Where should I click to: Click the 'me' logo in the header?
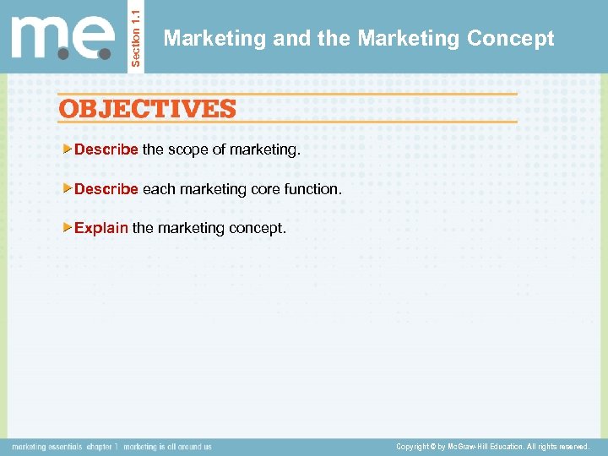tap(62, 37)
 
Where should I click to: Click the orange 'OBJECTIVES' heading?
tap(147, 109)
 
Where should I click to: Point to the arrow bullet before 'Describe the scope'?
tap(68, 149)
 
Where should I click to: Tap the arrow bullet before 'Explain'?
tap(68, 228)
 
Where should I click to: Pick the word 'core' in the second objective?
tap(265, 189)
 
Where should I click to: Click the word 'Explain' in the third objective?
tap(101, 228)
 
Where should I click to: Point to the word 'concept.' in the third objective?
tap(260, 228)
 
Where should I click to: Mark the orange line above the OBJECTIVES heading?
tap(287, 94)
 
